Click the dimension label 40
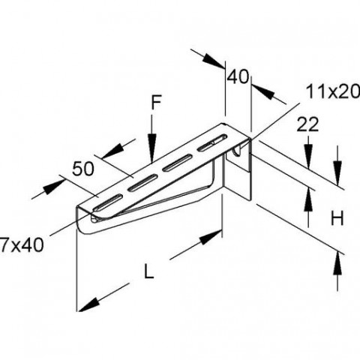click(x=238, y=76)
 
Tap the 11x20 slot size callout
click(x=333, y=91)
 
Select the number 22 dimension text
click(x=307, y=124)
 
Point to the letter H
click(x=337, y=217)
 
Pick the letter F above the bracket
click(x=156, y=103)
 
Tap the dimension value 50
click(x=83, y=169)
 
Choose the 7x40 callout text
click(x=22, y=244)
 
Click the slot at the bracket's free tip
click(x=108, y=202)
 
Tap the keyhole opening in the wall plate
click(x=237, y=151)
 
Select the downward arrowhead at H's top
click(x=337, y=173)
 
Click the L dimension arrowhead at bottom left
click(x=89, y=305)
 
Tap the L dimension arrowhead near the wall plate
click(x=211, y=237)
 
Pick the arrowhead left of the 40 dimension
click(x=213, y=61)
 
